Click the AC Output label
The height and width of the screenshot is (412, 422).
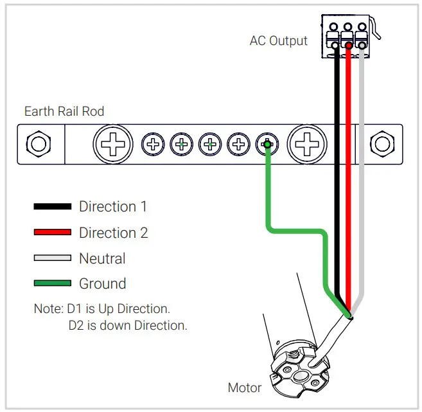[x=278, y=41]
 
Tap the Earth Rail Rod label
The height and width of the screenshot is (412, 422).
[x=64, y=111]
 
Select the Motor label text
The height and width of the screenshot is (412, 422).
[x=245, y=388]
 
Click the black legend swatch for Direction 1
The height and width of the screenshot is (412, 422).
[x=52, y=207]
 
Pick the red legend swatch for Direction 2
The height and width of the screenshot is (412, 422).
[x=52, y=233]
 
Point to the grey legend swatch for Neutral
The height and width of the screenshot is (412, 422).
[x=52, y=258]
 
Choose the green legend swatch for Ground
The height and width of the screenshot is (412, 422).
[x=52, y=283]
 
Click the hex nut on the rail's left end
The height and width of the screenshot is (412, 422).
[x=39, y=143]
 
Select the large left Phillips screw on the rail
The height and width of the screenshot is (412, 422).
[x=113, y=143]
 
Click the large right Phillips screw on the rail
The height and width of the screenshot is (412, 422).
[x=306, y=143]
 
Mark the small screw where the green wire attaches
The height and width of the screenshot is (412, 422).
[x=267, y=144]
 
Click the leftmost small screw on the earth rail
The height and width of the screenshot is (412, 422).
[x=153, y=144]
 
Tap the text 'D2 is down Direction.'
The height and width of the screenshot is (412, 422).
[x=128, y=325]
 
